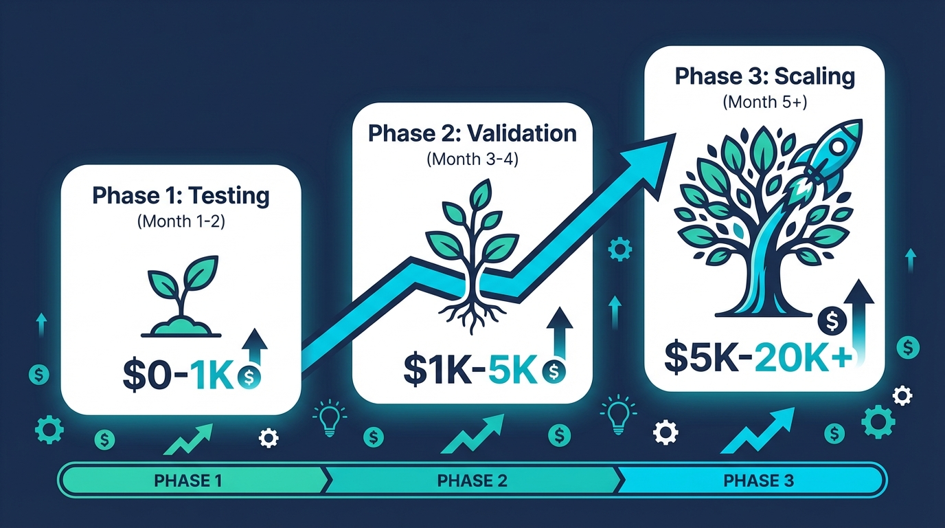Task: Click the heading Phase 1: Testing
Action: (x=181, y=196)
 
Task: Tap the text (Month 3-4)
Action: (x=473, y=159)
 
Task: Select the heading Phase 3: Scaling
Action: (x=765, y=76)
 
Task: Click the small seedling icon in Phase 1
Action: (x=181, y=300)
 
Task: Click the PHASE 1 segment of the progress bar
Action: (x=188, y=480)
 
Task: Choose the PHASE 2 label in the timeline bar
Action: (x=473, y=480)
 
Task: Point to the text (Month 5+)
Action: (x=765, y=102)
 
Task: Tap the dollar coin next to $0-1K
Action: (x=248, y=377)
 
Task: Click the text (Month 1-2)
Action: (x=181, y=221)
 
